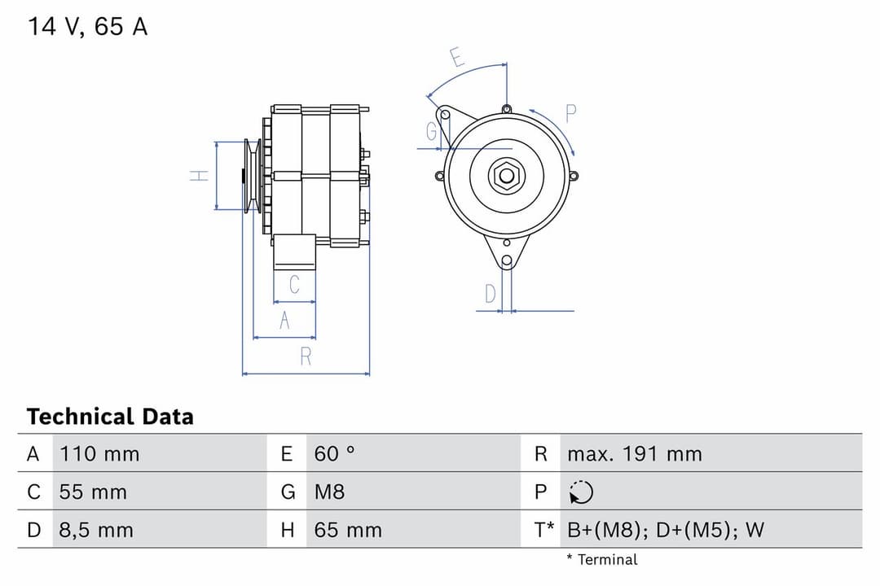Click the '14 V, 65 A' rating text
(88, 27)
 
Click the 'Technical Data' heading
(110, 417)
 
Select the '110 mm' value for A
(99, 454)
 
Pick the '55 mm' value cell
(93, 492)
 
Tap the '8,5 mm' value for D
(95, 531)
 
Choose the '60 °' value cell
(334, 454)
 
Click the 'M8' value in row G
(329, 492)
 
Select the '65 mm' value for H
(348, 531)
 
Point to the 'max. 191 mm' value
(634, 454)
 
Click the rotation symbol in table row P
(581, 492)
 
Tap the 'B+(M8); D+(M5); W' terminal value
(665, 531)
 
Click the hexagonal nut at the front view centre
(506, 176)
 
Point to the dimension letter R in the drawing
(306, 356)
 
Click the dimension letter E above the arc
(457, 58)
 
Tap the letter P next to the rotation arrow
(570, 114)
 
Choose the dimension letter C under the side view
(294, 285)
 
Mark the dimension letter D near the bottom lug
(490, 294)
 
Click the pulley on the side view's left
(253, 176)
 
